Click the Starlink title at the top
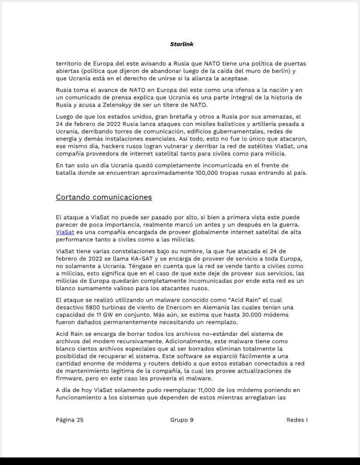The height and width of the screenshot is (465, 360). click(181, 44)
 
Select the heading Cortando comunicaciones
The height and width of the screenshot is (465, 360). click(104, 197)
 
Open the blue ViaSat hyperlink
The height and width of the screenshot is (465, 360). click(65, 232)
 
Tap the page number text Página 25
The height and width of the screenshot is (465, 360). click(70, 420)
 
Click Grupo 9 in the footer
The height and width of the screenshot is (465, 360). click(182, 420)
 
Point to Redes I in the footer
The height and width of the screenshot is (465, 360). click(296, 420)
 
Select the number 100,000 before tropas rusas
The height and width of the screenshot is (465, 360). click(209, 173)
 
